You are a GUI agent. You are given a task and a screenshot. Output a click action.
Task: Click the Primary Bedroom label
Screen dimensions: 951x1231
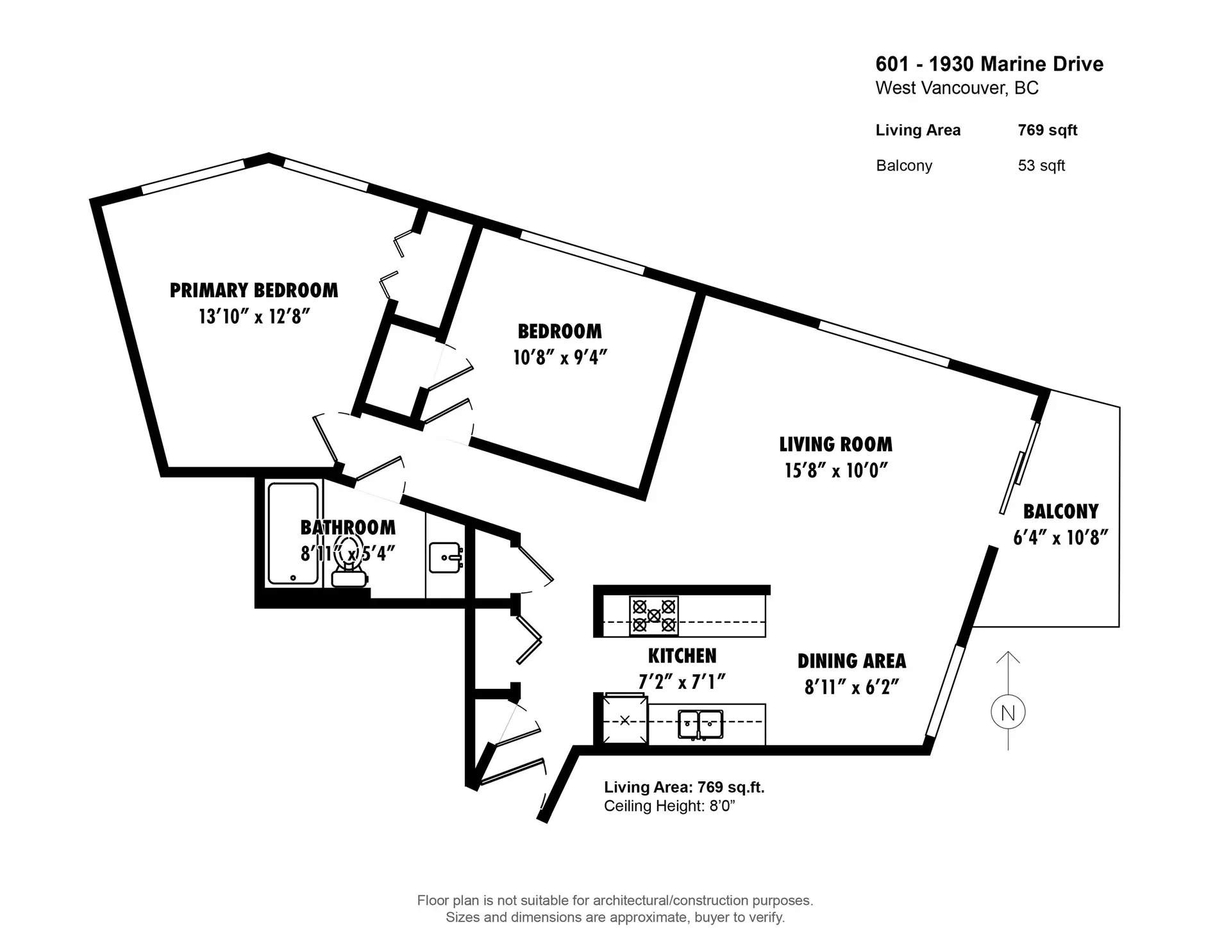coord(253,290)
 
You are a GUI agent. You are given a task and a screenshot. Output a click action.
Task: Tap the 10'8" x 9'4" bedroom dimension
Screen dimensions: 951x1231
coord(560,358)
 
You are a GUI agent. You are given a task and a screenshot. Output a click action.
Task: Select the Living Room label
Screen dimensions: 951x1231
coord(835,444)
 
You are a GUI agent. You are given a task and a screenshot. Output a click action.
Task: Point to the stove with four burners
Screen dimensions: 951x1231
coord(653,616)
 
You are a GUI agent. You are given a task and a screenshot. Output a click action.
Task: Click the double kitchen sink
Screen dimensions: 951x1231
coord(700,724)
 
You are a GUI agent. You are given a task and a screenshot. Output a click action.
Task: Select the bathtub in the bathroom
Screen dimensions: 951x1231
coord(293,533)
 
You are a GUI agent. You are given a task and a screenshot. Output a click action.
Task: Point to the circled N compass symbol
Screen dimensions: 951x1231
coord(1008,713)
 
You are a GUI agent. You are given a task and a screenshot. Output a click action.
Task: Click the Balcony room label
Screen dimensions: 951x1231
coord(1060,511)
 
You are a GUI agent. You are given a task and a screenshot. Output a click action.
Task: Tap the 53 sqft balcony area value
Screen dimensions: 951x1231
coord(1041,165)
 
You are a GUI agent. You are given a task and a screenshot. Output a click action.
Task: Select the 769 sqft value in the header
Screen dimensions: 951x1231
coord(1047,130)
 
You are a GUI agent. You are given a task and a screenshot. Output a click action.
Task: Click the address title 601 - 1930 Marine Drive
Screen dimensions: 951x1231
coord(989,64)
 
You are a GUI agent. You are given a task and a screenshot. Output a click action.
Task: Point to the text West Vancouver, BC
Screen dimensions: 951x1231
coord(957,88)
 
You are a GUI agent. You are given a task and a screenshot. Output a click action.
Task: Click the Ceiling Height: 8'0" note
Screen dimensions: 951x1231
coord(669,806)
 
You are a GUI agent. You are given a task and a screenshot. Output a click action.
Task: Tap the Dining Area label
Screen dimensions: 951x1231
coord(851,661)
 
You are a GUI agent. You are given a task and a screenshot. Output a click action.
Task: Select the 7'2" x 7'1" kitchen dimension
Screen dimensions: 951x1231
coord(682,682)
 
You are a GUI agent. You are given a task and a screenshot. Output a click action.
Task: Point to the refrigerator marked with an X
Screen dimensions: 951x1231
coord(624,720)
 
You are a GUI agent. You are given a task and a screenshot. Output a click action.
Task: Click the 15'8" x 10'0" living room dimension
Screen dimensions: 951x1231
coord(835,471)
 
